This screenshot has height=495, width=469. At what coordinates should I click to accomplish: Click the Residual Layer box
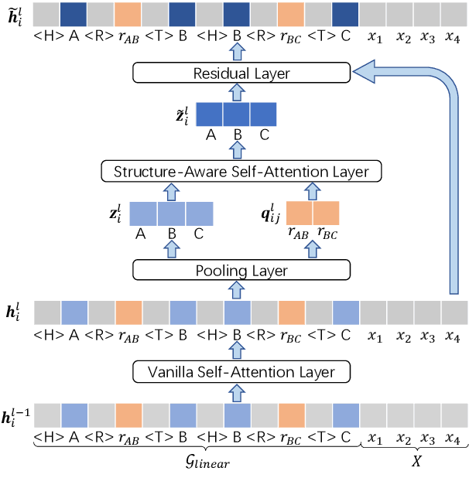(x=241, y=73)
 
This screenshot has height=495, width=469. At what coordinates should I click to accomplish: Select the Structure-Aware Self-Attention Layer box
(x=241, y=171)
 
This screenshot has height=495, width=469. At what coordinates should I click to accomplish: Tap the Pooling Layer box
(x=241, y=270)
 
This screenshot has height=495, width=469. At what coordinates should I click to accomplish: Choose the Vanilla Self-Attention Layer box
(x=241, y=372)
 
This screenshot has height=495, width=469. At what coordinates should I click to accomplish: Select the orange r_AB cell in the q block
(x=300, y=213)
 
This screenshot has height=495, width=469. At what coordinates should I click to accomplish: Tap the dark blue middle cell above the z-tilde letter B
(x=236, y=114)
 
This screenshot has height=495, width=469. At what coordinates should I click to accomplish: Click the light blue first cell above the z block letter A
(x=143, y=213)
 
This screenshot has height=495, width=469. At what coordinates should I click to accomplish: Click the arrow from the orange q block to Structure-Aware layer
(x=313, y=189)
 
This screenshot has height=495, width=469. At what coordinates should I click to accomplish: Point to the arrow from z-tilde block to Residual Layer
(x=237, y=92)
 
